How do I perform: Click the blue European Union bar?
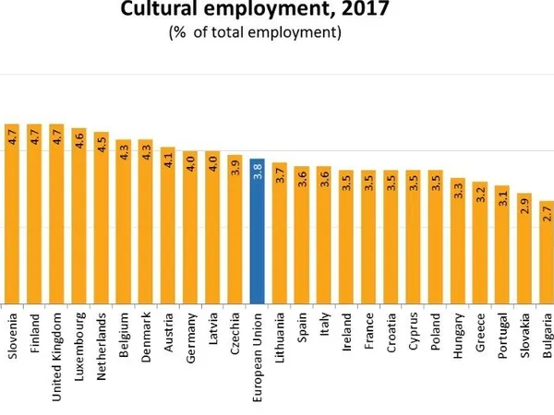258,231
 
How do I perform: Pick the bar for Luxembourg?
78,216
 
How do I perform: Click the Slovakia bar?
524,248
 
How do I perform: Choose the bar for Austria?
168,225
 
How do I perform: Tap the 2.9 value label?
524,207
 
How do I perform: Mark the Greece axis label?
480,338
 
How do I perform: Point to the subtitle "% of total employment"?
255,33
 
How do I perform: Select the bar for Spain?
302,234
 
